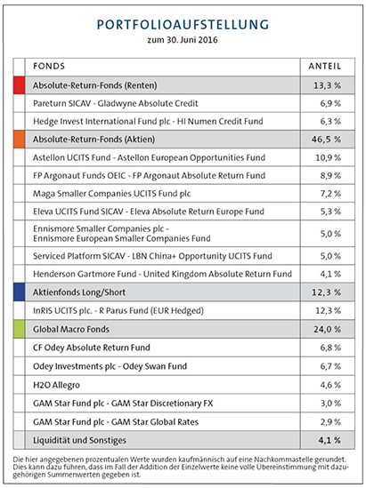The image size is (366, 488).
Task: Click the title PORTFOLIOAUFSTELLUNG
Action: point(183,25)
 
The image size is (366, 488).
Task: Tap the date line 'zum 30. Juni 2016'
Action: point(183,40)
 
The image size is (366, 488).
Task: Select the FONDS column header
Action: point(49,67)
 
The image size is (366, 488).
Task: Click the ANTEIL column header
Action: point(325,67)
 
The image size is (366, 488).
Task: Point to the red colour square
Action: point(19,85)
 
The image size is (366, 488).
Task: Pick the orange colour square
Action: point(19,140)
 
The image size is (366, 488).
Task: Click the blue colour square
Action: point(19,292)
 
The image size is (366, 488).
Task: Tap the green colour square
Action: point(19,329)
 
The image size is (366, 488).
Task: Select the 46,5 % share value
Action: point(326,140)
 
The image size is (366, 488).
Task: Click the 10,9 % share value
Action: point(329,157)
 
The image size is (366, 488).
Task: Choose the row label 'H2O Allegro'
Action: point(56,385)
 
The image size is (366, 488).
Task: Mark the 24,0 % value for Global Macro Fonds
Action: point(328,329)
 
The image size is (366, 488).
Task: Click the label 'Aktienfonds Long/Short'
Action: point(79,292)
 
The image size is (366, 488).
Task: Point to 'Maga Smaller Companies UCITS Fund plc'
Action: point(112,194)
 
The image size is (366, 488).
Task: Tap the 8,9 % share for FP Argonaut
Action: point(330,175)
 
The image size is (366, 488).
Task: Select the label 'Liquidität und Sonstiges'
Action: point(79,440)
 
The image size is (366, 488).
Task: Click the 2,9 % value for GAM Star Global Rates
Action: point(330,422)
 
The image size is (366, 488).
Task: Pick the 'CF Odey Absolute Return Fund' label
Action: point(92,348)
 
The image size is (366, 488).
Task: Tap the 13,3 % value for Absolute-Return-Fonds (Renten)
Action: point(328,85)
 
